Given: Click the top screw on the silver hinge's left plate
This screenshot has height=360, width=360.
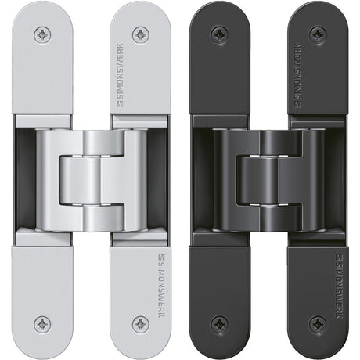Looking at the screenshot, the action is pos(42,34).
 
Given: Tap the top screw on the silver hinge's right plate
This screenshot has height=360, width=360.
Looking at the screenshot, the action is pos(141,34).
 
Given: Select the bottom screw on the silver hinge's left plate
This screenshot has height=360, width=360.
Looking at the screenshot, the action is pos(42,324).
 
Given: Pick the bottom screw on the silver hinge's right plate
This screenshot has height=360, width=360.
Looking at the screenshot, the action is pos(141,324).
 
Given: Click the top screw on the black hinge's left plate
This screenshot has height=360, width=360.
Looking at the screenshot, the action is pos(220,34).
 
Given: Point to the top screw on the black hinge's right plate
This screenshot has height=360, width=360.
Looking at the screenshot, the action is pos(318,34).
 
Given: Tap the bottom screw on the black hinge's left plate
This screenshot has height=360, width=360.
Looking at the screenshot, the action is pos(220,324).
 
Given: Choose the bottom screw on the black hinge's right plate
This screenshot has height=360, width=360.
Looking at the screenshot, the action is pos(318,324).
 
